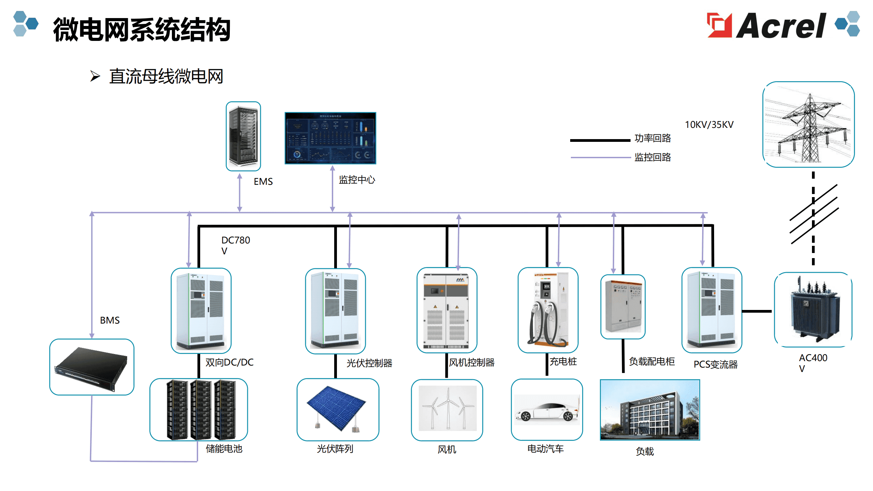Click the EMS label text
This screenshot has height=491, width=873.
[263, 181]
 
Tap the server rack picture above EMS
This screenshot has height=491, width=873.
[243, 136]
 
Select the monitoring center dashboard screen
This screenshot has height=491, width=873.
[330, 138]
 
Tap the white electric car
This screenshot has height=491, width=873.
[547, 411]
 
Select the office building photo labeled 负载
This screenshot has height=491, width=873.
[650, 410]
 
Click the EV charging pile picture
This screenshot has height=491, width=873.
[548, 310]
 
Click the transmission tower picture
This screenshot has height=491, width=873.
[809, 124]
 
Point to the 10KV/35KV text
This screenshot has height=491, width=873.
[709, 124]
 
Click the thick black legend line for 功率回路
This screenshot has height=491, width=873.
[600, 140]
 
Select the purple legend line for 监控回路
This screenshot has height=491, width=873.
[601, 158]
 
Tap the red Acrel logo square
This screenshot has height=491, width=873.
[720, 25]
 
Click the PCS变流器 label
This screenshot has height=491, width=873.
[715, 364]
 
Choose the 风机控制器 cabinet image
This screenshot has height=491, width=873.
[447, 310]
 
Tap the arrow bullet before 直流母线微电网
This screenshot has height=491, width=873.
[95, 76]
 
